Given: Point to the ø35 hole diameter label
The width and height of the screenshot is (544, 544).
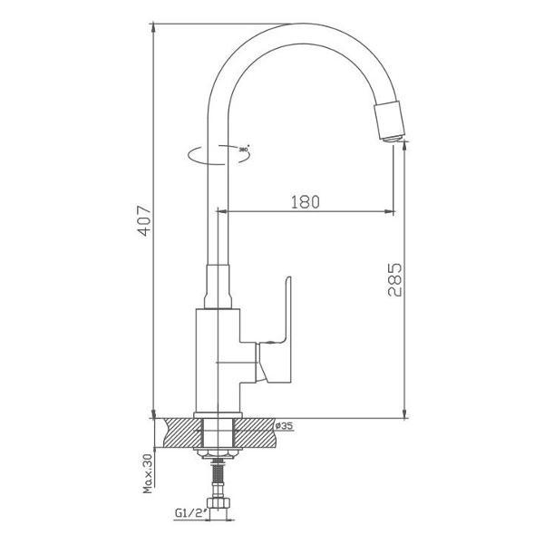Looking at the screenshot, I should pyautogui.click(x=283, y=425).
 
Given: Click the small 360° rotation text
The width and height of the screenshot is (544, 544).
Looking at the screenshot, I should pyautogui.click(x=243, y=148).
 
